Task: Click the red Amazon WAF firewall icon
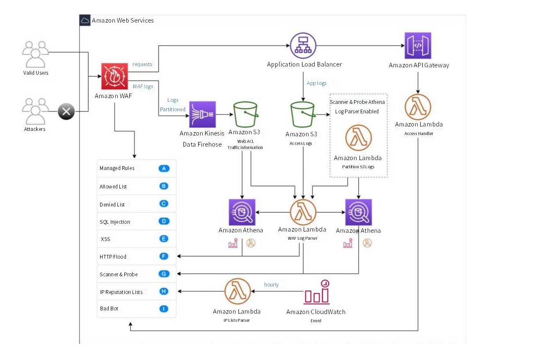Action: pyautogui.click(x=115, y=77)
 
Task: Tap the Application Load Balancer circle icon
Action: pyautogui.click(x=303, y=46)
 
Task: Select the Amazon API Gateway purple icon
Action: pyautogui.click(x=418, y=46)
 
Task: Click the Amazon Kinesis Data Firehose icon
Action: pyautogui.click(x=202, y=115)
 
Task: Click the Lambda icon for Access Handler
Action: pyautogui.click(x=418, y=107)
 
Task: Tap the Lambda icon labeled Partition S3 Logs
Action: pyautogui.click(x=358, y=138)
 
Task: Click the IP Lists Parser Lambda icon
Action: pyautogui.click(x=238, y=291)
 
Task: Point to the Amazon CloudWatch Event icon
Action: pyautogui.click(x=316, y=292)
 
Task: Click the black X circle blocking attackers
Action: pyautogui.click(x=66, y=112)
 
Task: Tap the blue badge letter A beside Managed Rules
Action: pyautogui.click(x=164, y=168)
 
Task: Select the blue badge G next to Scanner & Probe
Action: pyautogui.click(x=164, y=274)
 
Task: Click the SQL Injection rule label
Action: pyautogui.click(x=115, y=222)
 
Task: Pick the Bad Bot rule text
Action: pyautogui.click(x=109, y=309)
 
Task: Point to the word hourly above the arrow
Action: pyautogui.click(x=271, y=285)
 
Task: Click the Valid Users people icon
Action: pyautogui.click(x=35, y=54)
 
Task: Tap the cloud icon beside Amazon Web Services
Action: pyautogui.click(x=85, y=21)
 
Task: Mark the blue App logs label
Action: pyautogui.click(x=316, y=83)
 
